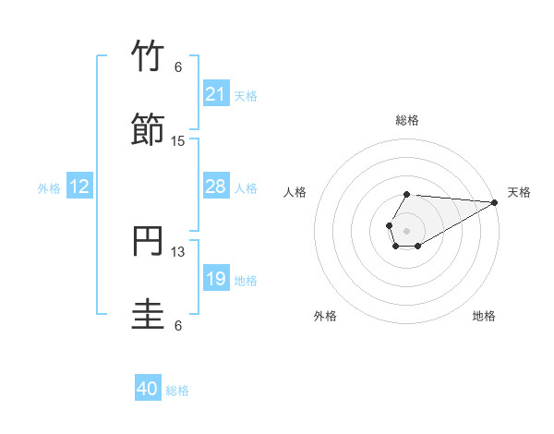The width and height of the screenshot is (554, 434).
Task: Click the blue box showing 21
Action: point(216,94)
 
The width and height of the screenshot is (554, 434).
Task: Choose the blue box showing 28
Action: point(216,187)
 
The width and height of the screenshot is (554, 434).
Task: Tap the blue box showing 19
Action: point(216,279)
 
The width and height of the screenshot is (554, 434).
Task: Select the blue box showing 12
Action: point(79,187)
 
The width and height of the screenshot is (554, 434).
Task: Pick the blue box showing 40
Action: point(148,389)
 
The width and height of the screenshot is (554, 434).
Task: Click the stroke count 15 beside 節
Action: point(178,141)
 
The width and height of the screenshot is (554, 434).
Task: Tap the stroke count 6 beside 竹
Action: point(178,67)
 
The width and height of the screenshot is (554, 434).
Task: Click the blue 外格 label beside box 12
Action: point(49,188)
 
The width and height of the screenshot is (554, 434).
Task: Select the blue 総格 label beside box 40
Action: point(177,391)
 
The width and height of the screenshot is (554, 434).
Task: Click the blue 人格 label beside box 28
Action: point(246,188)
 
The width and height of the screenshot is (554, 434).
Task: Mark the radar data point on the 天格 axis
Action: point(495,202)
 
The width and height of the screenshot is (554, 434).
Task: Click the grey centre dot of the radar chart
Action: point(406,229)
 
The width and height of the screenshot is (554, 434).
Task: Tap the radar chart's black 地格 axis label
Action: point(484,317)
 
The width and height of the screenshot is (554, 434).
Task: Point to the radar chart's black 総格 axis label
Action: point(407,120)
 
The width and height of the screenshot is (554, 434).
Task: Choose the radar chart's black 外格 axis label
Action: point(325,317)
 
